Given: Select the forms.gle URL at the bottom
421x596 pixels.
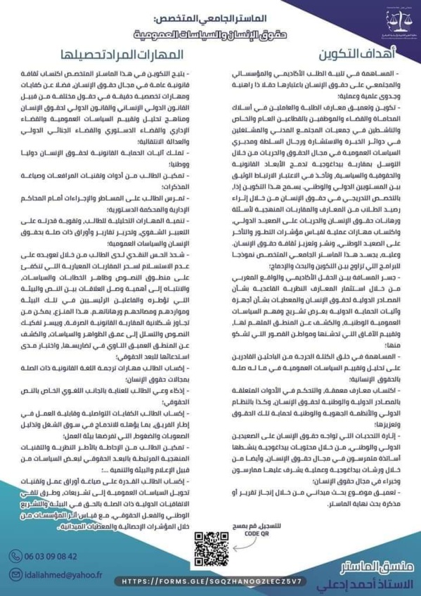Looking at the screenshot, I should tap(211, 582).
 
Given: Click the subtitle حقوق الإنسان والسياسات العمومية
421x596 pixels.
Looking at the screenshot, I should tap(211, 26).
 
